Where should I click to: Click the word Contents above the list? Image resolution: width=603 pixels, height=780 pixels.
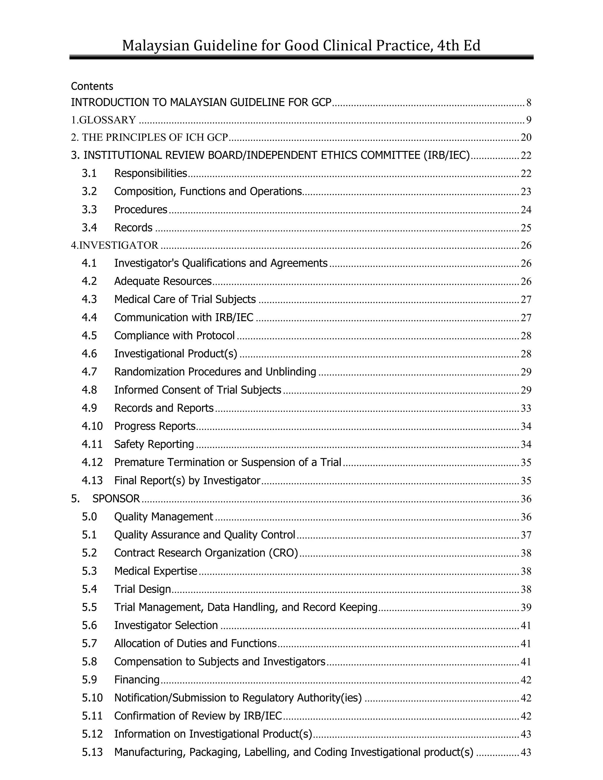tap(92, 87)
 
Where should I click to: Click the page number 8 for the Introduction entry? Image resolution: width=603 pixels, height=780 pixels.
tap(528, 103)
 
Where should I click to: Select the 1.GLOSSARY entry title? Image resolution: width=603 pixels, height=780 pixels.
tap(103, 120)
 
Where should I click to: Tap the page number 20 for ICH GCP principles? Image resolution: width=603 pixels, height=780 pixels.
tap(526, 137)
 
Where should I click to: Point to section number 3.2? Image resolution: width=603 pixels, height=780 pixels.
tap(89, 191)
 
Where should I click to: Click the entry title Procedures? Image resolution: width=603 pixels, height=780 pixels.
tap(140, 210)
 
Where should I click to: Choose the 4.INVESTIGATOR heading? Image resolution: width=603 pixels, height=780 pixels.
tap(114, 245)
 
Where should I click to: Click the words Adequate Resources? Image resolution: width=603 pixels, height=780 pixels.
tap(163, 281)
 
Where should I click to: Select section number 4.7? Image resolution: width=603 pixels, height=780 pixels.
tap(89, 372)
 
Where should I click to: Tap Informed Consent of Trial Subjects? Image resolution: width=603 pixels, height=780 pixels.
tap(198, 390)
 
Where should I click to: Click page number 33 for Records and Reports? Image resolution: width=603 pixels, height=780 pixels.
tap(526, 408)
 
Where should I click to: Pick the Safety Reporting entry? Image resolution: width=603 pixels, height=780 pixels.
tap(154, 444)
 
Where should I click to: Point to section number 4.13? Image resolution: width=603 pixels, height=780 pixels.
tap(92, 480)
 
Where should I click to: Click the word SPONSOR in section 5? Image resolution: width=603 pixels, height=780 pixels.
tap(116, 499)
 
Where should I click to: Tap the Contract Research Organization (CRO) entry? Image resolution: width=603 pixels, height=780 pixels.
tap(206, 553)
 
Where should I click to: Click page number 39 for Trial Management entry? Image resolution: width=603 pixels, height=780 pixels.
tap(526, 607)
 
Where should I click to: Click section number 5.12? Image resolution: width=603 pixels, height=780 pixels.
tap(92, 733)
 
